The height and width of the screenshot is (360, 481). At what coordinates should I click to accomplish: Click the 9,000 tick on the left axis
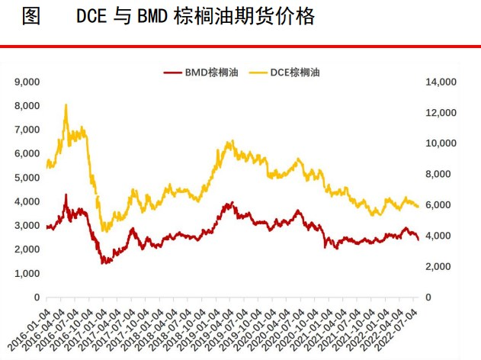[x=27, y=82]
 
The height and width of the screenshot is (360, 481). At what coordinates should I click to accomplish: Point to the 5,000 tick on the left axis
[x=27, y=178]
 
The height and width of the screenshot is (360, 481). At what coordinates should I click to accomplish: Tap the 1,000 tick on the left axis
[x=27, y=273]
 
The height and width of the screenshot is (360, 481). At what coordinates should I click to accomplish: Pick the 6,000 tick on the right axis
[x=442, y=205]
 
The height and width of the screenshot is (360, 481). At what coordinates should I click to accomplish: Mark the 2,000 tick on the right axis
[x=442, y=266]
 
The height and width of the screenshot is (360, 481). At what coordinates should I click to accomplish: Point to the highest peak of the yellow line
[x=66, y=105]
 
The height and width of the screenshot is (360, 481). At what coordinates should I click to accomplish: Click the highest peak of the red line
[x=66, y=195]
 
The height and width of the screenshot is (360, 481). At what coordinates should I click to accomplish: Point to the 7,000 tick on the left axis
[x=27, y=130]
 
